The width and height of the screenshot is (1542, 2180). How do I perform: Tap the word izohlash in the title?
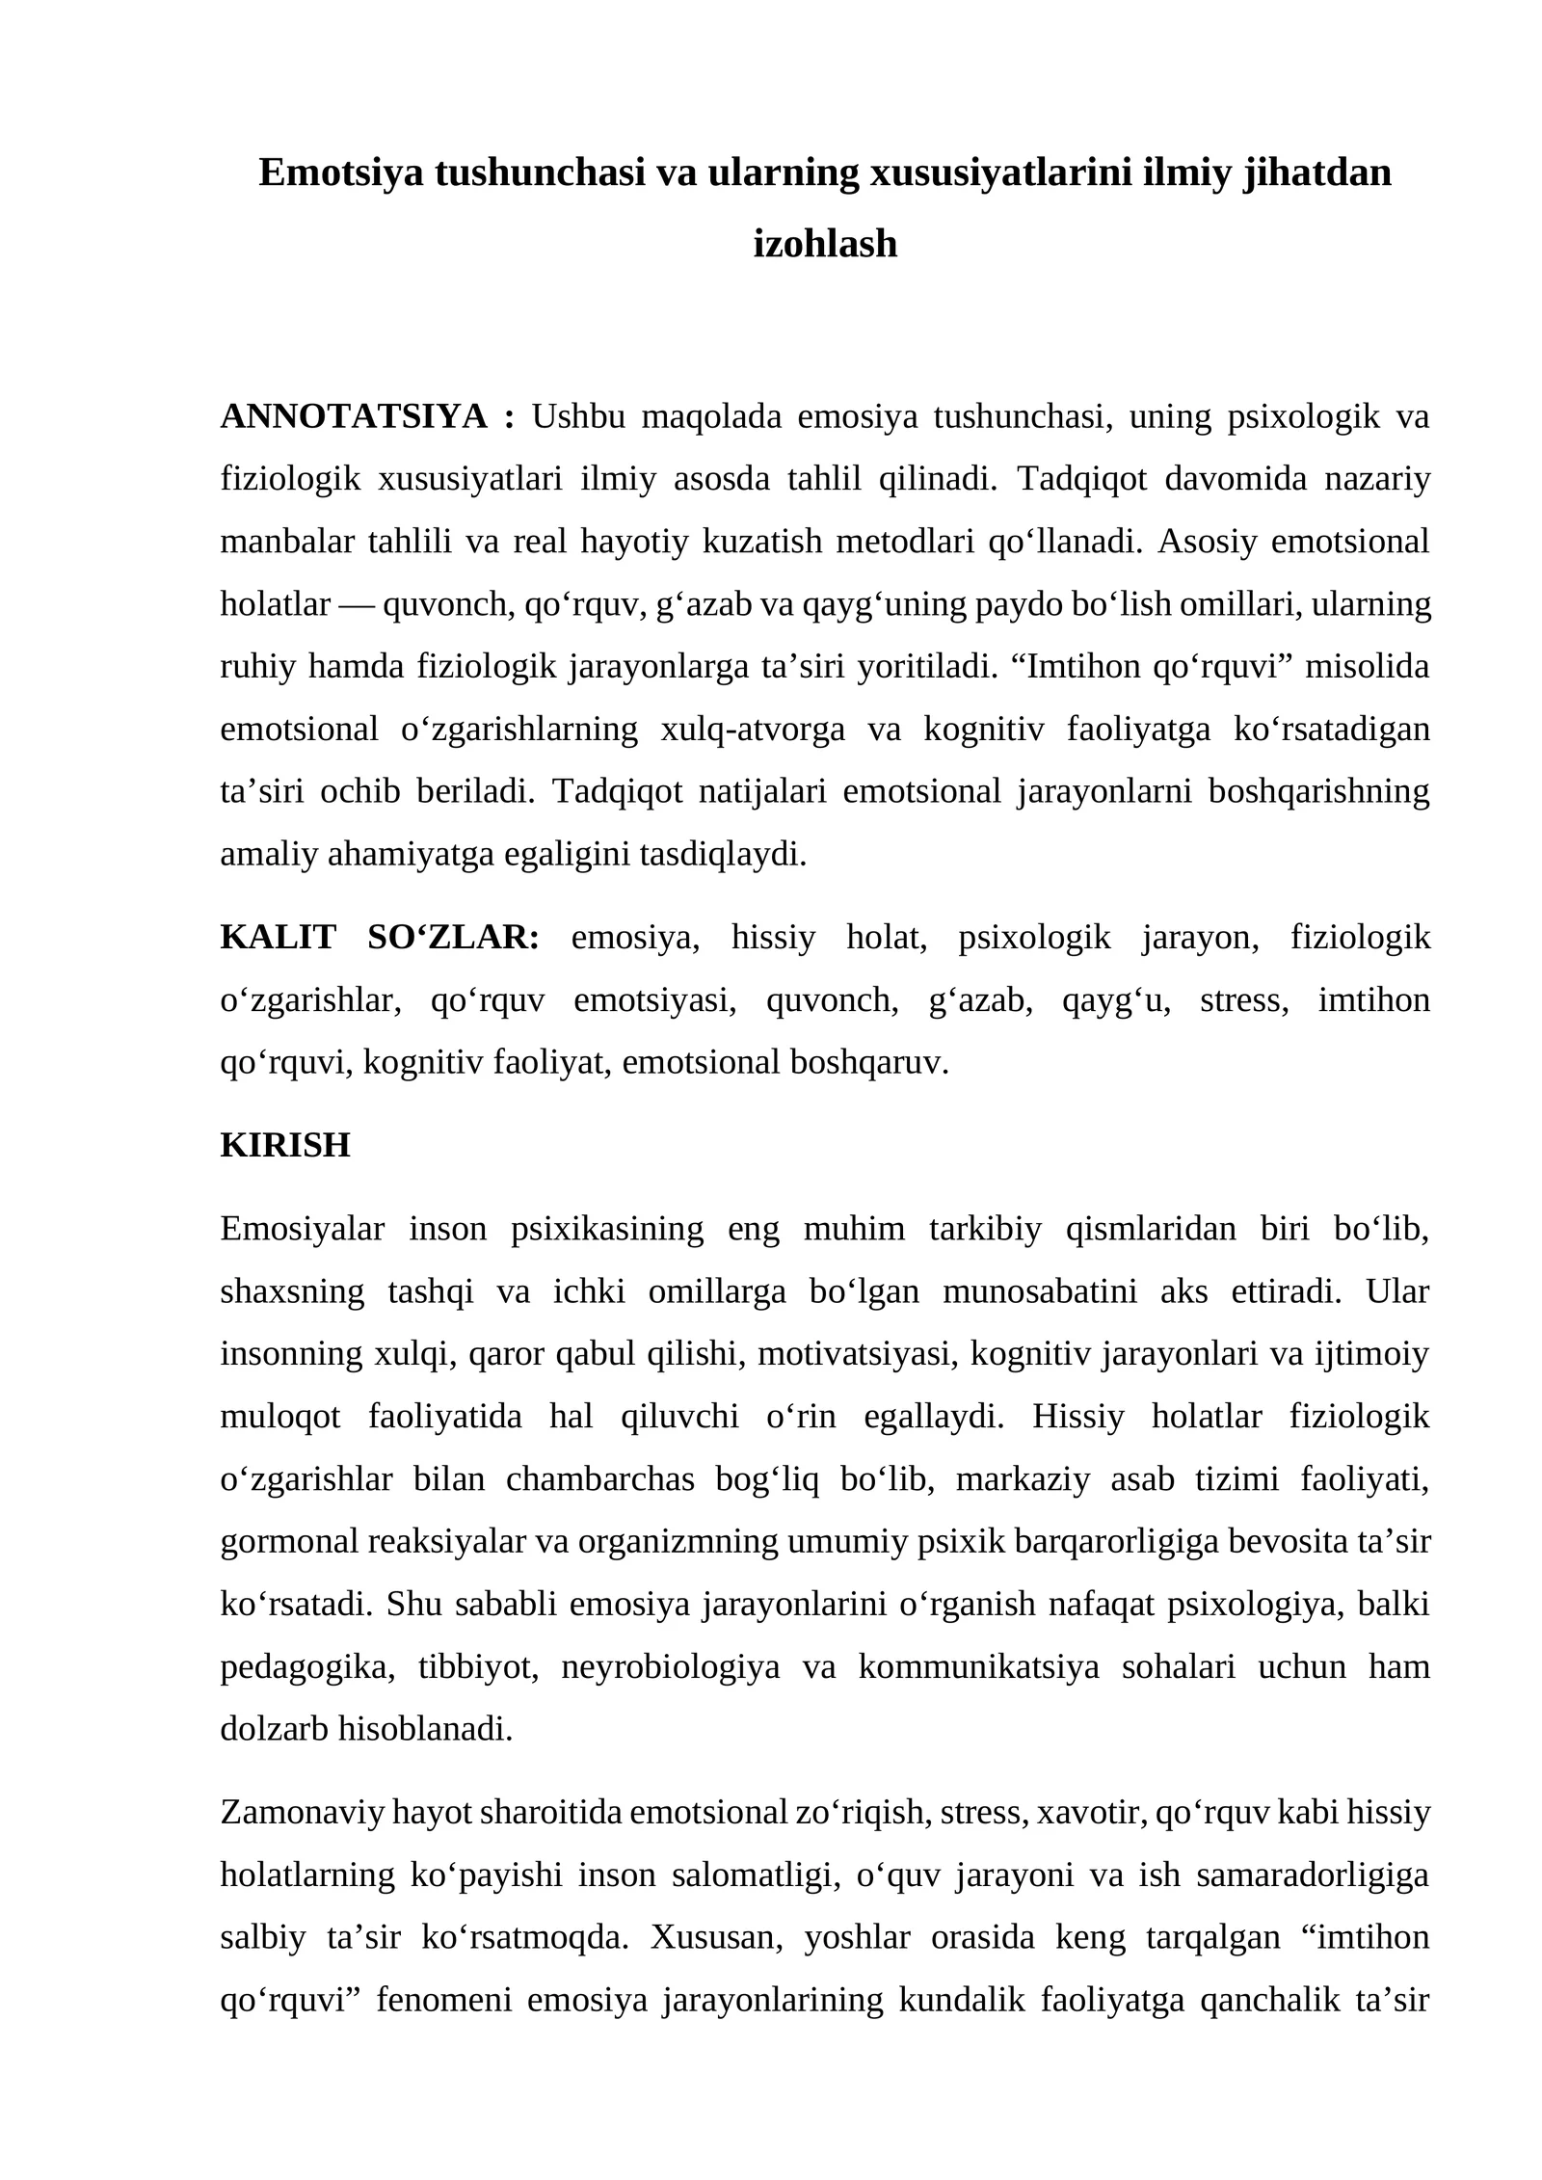coord(824,245)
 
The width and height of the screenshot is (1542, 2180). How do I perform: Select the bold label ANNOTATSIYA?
coord(354,416)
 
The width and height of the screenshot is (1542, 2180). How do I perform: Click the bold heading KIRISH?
coord(285,1145)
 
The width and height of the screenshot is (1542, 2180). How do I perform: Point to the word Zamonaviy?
coord(303,1812)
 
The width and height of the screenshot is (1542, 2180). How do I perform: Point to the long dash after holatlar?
coord(357,604)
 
